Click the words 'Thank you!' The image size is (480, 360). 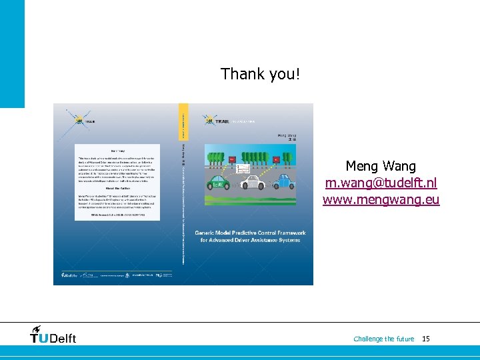pos(261,74)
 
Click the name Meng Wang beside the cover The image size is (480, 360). pos(381,166)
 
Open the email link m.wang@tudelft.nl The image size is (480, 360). pos(381,183)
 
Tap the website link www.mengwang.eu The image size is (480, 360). pos(381,199)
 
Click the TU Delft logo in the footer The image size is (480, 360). pos(53,335)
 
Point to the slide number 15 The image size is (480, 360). pos(426,339)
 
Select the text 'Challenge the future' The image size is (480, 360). pos(383,339)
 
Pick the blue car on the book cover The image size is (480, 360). pos(283,179)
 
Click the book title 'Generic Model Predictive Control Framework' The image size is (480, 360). pos(250,233)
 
